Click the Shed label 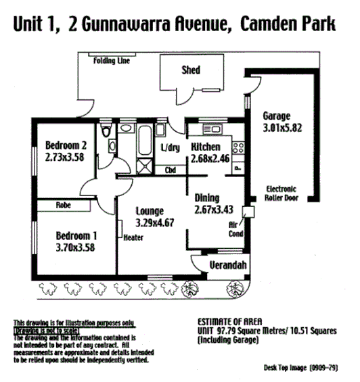click(191, 70)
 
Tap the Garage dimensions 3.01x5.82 click(286, 126)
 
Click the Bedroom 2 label click(66, 145)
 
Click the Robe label click(64, 204)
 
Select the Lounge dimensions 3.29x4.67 click(155, 221)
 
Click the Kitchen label click(207, 147)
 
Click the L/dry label click(169, 148)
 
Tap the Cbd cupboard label click(171, 171)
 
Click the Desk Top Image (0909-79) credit click(309, 368)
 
